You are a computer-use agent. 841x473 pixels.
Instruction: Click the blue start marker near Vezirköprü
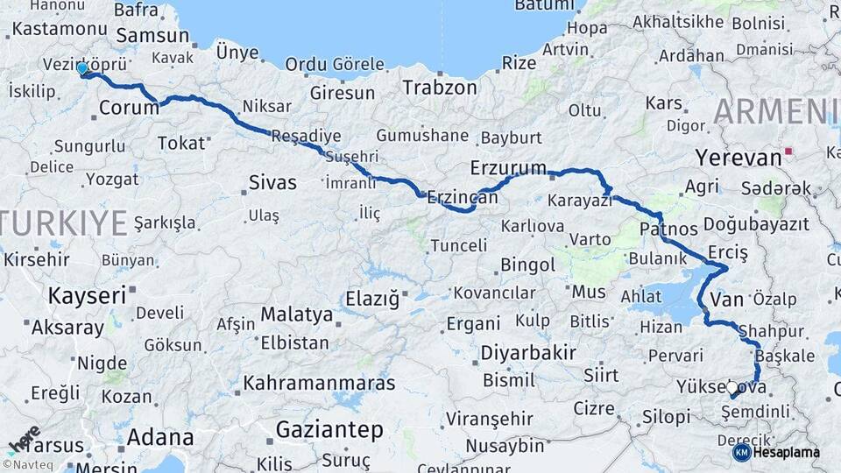(x=82, y=68)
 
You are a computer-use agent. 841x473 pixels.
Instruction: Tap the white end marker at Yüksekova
(x=732, y=387)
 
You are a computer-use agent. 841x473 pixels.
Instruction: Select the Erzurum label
(x=508, y=166)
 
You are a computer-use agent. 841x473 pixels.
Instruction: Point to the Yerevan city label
(x=738, y=158)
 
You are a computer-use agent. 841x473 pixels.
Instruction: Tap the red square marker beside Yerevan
(x=788, y=152)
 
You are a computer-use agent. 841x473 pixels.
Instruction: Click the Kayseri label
(x=87, y=295)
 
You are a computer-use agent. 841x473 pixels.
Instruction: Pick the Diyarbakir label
(x=527, y=353)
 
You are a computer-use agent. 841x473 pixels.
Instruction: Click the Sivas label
(x=272, y=183)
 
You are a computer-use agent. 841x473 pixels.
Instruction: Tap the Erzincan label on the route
(x=463, y=199)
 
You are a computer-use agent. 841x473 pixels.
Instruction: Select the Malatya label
(x=296, y=314)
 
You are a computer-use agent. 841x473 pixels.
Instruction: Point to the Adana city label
(x=160, y=436)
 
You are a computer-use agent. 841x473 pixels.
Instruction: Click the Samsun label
(x=152, y=36)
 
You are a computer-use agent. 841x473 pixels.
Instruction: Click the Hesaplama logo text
(x=786, y=453)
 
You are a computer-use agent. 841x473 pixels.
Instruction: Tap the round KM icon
(x=741, y=453)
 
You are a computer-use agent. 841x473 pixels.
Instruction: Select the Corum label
(x=129, y=108)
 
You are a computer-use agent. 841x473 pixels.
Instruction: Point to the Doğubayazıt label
(x=755, y=224)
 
